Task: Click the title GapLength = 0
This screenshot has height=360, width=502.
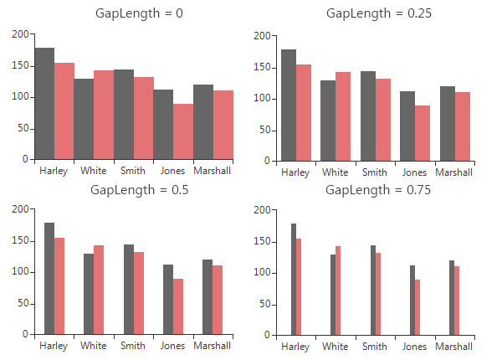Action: [x=133, y=13]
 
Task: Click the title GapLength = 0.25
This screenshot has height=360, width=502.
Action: [x=378, y=13]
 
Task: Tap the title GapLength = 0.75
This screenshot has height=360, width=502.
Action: [x=378, y=190]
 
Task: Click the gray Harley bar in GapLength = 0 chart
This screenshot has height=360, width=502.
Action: [x=44, y=104]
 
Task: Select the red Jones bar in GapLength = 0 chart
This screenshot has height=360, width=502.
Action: [x=183, y=131]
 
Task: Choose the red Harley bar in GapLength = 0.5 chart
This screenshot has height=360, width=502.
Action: [x=59, y=285]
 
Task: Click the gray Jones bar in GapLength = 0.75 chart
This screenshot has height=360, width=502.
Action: [x=412, y=300]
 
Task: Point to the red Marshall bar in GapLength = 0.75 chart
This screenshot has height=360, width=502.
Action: [x=457, y=301]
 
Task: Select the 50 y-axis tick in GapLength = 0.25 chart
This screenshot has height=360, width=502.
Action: [x=264, y=130]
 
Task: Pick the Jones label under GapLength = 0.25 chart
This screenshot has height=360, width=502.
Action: [x=414, y=172]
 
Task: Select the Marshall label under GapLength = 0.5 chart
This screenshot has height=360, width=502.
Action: [x=213, y=346]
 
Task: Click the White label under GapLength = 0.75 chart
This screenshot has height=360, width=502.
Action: [x=336, y=347]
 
